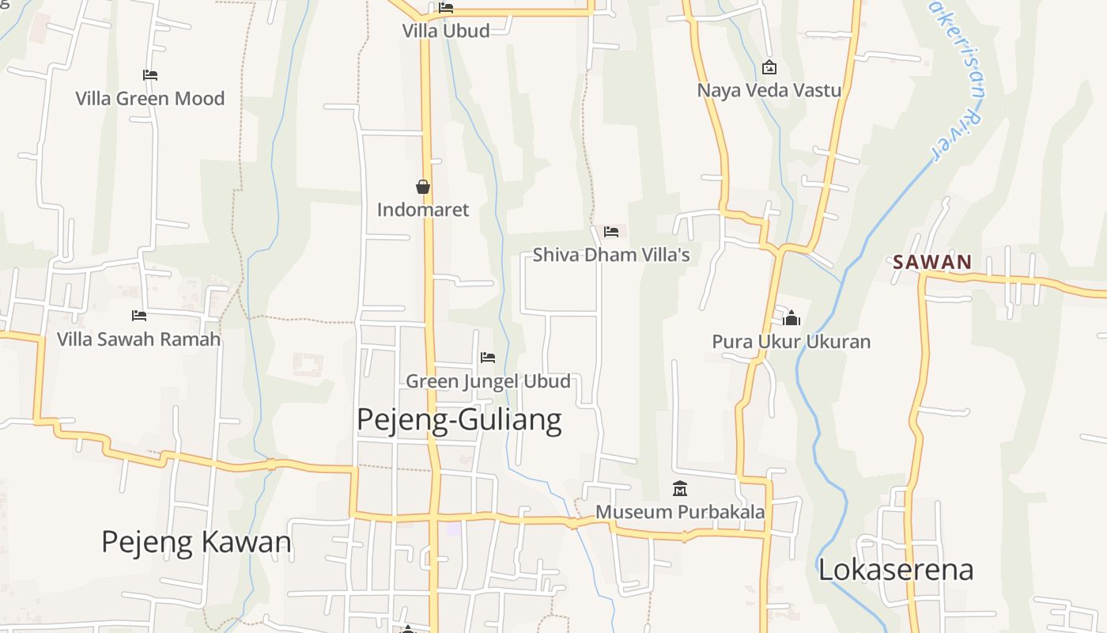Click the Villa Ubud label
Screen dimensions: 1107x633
(446, 31)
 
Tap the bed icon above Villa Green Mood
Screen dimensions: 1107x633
(150, 75)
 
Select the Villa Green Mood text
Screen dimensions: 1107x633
(150, 99)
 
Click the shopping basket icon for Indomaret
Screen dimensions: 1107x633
(423, 187)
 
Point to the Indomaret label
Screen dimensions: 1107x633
(423, 210)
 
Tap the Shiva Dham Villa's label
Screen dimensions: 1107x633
(611, 255)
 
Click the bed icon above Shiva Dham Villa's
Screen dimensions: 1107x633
(611, 232)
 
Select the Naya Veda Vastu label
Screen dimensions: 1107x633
(769, 90)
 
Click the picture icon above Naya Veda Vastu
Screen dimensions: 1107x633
(769, 68)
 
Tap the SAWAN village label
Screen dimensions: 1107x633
(932, 262)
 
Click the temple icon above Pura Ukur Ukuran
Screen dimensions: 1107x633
(792, 318)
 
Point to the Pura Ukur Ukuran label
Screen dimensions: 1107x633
(792, 342)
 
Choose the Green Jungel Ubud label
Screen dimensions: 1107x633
(488, 381)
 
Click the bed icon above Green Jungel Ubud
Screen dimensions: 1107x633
(488, 358)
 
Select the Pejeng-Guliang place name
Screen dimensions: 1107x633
(459, 419)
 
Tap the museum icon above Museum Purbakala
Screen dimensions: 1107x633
(680, 488)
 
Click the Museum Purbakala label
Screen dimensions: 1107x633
(680, 512)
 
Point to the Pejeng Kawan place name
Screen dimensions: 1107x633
(197, 542)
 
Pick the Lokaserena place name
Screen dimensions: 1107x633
(896, 570)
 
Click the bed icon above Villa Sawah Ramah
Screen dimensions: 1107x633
(139, 316)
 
